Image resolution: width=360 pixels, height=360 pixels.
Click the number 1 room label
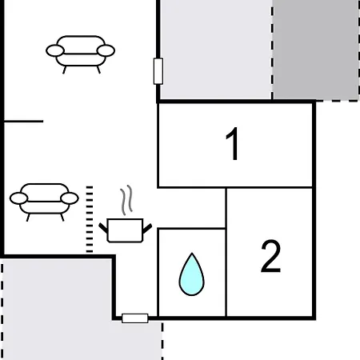click(233, 143)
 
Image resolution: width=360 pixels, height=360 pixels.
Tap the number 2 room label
click(270, 256)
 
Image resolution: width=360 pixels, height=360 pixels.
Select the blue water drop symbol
click(191, 274)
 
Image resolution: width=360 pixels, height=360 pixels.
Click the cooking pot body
click(125, 230)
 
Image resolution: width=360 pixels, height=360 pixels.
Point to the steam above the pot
click(126, 200)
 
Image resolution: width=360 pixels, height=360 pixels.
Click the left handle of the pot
click(103, 228)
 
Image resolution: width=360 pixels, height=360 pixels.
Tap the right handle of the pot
click(147, 229)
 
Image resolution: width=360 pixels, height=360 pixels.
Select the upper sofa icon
click(81, 54)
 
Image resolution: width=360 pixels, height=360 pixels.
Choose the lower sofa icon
click(44, 202)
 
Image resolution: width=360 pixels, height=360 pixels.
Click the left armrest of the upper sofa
click(55, 50)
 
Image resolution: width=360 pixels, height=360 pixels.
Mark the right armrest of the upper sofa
click(106, 50)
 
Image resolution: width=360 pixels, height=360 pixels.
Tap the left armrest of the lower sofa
click(18, 198)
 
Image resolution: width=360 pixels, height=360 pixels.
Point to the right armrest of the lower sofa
click(70, 198)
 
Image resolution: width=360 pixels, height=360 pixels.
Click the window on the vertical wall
click(158, 71)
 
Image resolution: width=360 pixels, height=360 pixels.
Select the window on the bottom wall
click(135, 318)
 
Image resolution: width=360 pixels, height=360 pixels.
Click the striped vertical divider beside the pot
click(90, 219)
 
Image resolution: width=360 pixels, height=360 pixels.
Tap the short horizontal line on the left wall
click(24, 122)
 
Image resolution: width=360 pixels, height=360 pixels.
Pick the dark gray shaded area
click(316, 50)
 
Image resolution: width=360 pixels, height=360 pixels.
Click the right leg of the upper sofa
click(98, 70)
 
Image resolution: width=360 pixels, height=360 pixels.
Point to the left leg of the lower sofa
click(28, 218)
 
